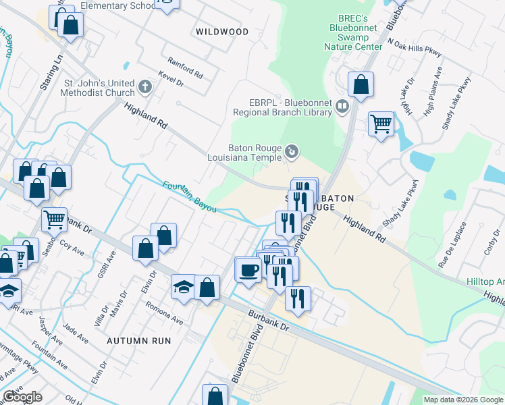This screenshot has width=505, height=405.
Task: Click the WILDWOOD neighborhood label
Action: [x=221, y=32]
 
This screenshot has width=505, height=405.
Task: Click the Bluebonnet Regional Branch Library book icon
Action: [x=342, y=106]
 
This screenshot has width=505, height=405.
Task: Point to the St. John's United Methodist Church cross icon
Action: [x=144, y=86]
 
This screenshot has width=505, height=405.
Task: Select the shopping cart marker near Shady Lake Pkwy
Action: [x=381, y=124]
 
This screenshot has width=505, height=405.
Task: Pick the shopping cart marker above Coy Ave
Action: [x=54, y=219]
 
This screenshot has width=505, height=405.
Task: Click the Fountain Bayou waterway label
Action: [x=190, y=196]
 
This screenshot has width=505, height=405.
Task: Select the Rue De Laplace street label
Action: [x=448, y=249]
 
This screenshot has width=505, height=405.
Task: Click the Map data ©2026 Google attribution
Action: [x=463, y=400]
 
